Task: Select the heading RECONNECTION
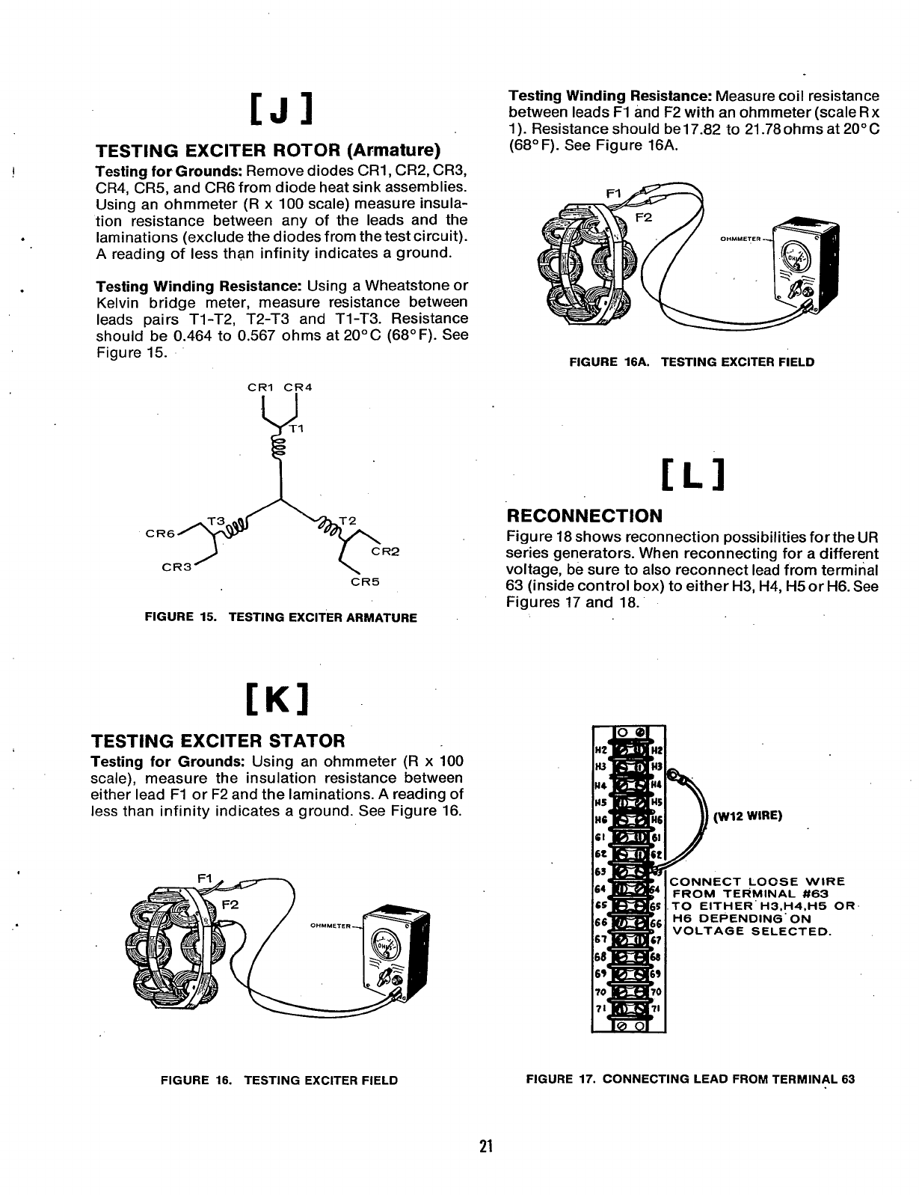585,516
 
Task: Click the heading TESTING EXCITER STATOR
218,741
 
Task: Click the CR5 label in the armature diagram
366,581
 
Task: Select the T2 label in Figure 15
347,521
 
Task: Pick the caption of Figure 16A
692,362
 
